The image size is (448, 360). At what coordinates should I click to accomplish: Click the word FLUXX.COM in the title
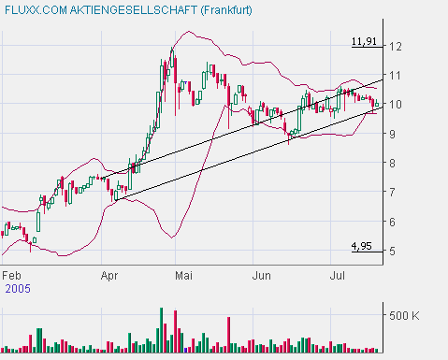click(x=36, y=10)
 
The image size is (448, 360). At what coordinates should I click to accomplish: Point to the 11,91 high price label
click(x=365, y=42)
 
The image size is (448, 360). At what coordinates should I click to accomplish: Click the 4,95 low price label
click(x=362, y=246)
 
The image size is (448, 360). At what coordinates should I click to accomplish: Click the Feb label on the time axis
click(x=12, y=276)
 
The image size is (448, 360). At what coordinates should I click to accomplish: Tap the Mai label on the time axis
click(x=184, y=276)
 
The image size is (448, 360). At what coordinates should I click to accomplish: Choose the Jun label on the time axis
click(x=262, y=276)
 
